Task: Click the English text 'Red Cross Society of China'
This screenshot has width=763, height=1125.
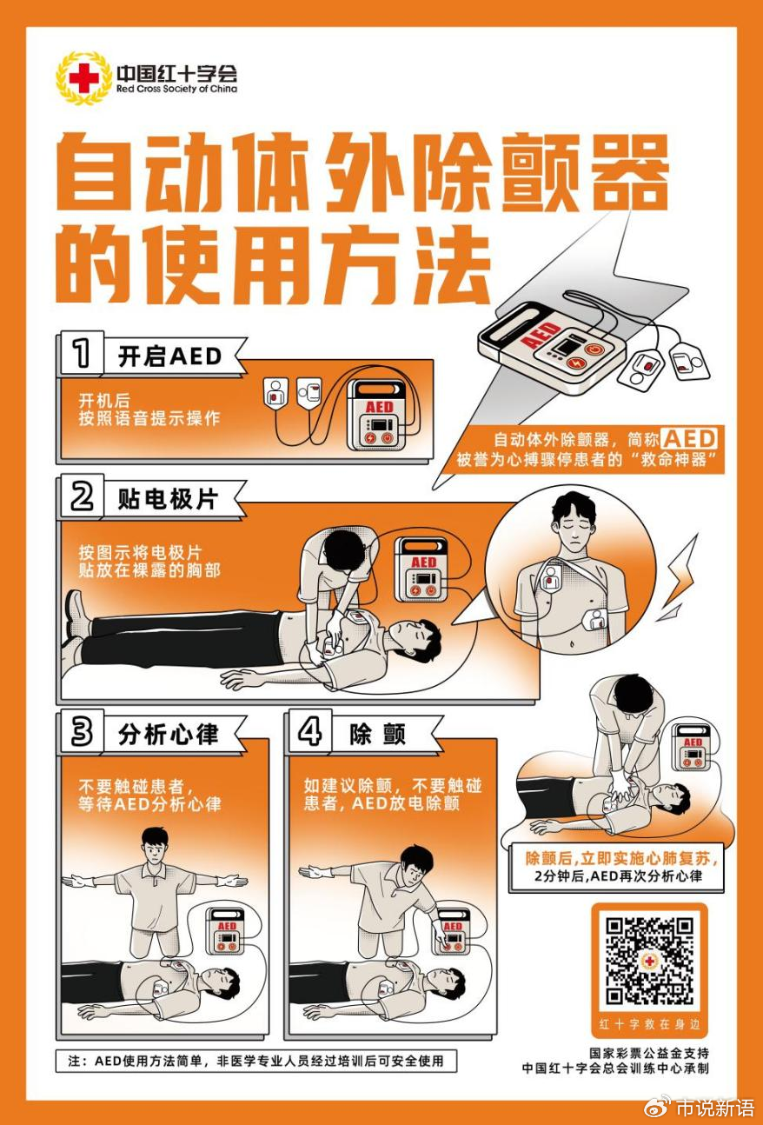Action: [x=176, y=89]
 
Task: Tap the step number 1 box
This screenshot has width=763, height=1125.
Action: [x=81, y=355]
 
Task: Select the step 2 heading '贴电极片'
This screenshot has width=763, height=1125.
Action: [x=168, y=498]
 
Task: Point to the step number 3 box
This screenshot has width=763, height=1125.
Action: [x=81, y=732]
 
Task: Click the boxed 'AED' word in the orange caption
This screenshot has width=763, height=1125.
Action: [x=690, y=438]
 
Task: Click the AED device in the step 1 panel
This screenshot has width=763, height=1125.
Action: [x=379, y=416]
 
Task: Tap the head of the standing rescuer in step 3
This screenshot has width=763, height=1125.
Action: [x=153, y=842]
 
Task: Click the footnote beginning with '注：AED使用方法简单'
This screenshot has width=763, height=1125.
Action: [x=256, y=1061]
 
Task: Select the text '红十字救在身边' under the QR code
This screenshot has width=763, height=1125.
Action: [x=649, y=1023]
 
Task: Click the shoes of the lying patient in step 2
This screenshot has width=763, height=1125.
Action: [x=75, y=626]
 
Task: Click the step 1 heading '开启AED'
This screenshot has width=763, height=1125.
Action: [x=169, y=356]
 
